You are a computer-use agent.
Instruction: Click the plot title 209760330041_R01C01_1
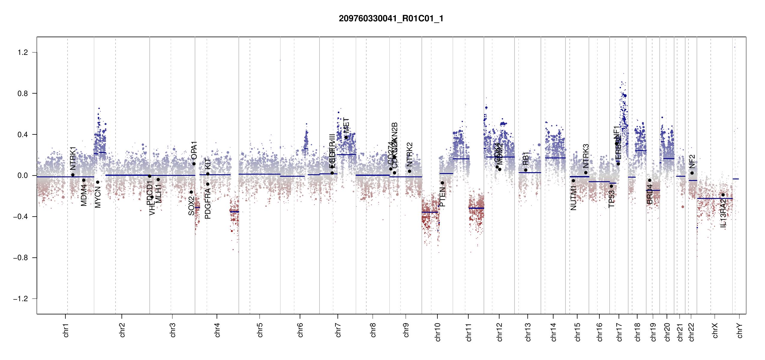(391, 19)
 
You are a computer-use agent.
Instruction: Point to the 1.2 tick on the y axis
(23, 52)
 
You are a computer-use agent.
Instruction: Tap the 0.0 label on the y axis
(23, 175)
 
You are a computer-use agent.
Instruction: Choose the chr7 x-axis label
(338, 330)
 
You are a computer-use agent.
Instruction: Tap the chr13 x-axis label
(528, 332)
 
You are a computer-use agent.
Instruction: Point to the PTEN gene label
(442, 197)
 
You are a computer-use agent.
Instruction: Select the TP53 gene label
(612, 199)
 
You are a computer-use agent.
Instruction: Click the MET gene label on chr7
(346, 125)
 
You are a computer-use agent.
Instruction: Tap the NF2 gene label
(692, 161)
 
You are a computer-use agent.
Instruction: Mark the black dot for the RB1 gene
(526, 170)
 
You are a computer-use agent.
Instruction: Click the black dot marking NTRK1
(73, 175)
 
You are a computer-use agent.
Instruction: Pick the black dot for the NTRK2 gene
(409, 171)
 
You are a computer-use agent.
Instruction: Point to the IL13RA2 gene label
(723, 214)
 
